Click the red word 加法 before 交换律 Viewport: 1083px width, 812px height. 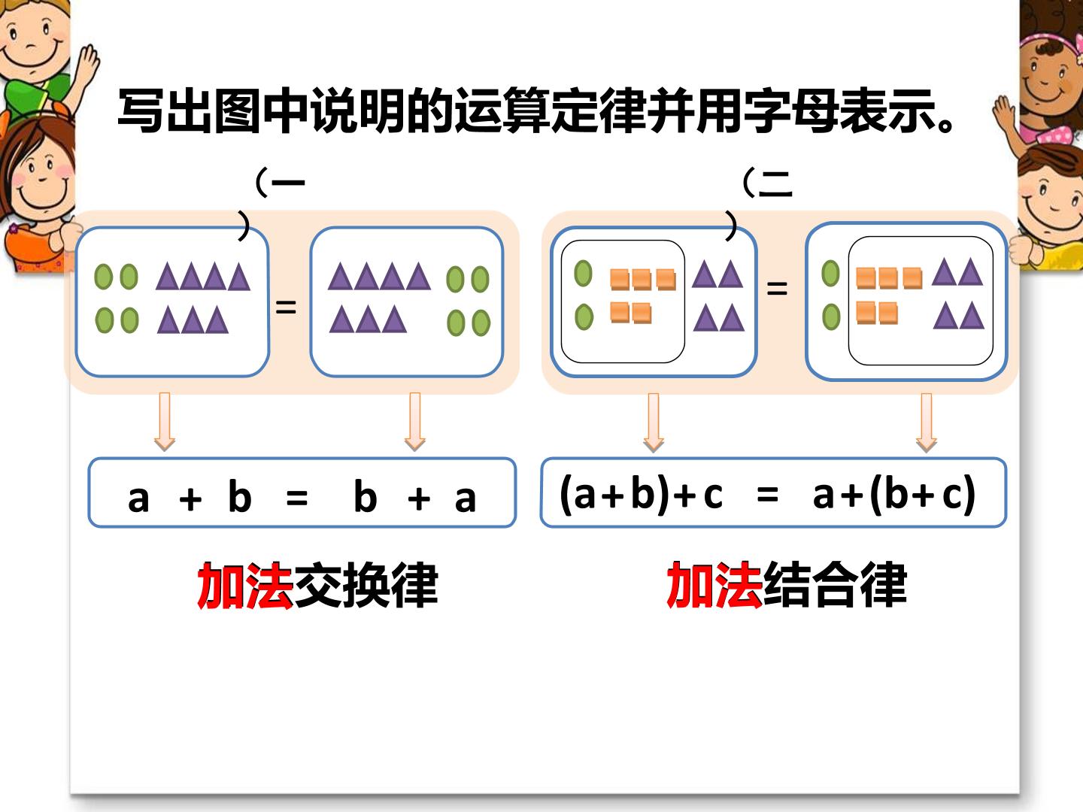(x=245, y=585)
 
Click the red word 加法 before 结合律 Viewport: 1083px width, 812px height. (x=714, y=585)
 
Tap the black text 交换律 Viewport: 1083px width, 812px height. (x=366, y=586)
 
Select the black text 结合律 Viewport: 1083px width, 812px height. (x=836, y=585)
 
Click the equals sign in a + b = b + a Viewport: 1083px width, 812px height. (x=297, y=498)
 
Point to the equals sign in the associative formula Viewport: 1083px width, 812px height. (x=768, y=495)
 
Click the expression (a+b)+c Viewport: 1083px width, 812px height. (x=642, y=494)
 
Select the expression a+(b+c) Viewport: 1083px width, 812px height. (x=894, y=494)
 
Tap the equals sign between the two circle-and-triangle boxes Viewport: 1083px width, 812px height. (x=286, y=308)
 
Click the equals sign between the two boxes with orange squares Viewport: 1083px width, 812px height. (x=777, y=289)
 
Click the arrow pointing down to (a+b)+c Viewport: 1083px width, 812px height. (x=654, y=423)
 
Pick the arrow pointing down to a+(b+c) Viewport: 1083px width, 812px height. (x=927, y=423)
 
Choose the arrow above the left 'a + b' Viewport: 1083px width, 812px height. (x=165, y=422)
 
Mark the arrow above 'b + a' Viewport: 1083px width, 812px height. (x=415, y=422)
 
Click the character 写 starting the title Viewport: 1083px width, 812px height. (x=141, y=111)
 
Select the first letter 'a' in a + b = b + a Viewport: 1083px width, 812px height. (x=138, y=499)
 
